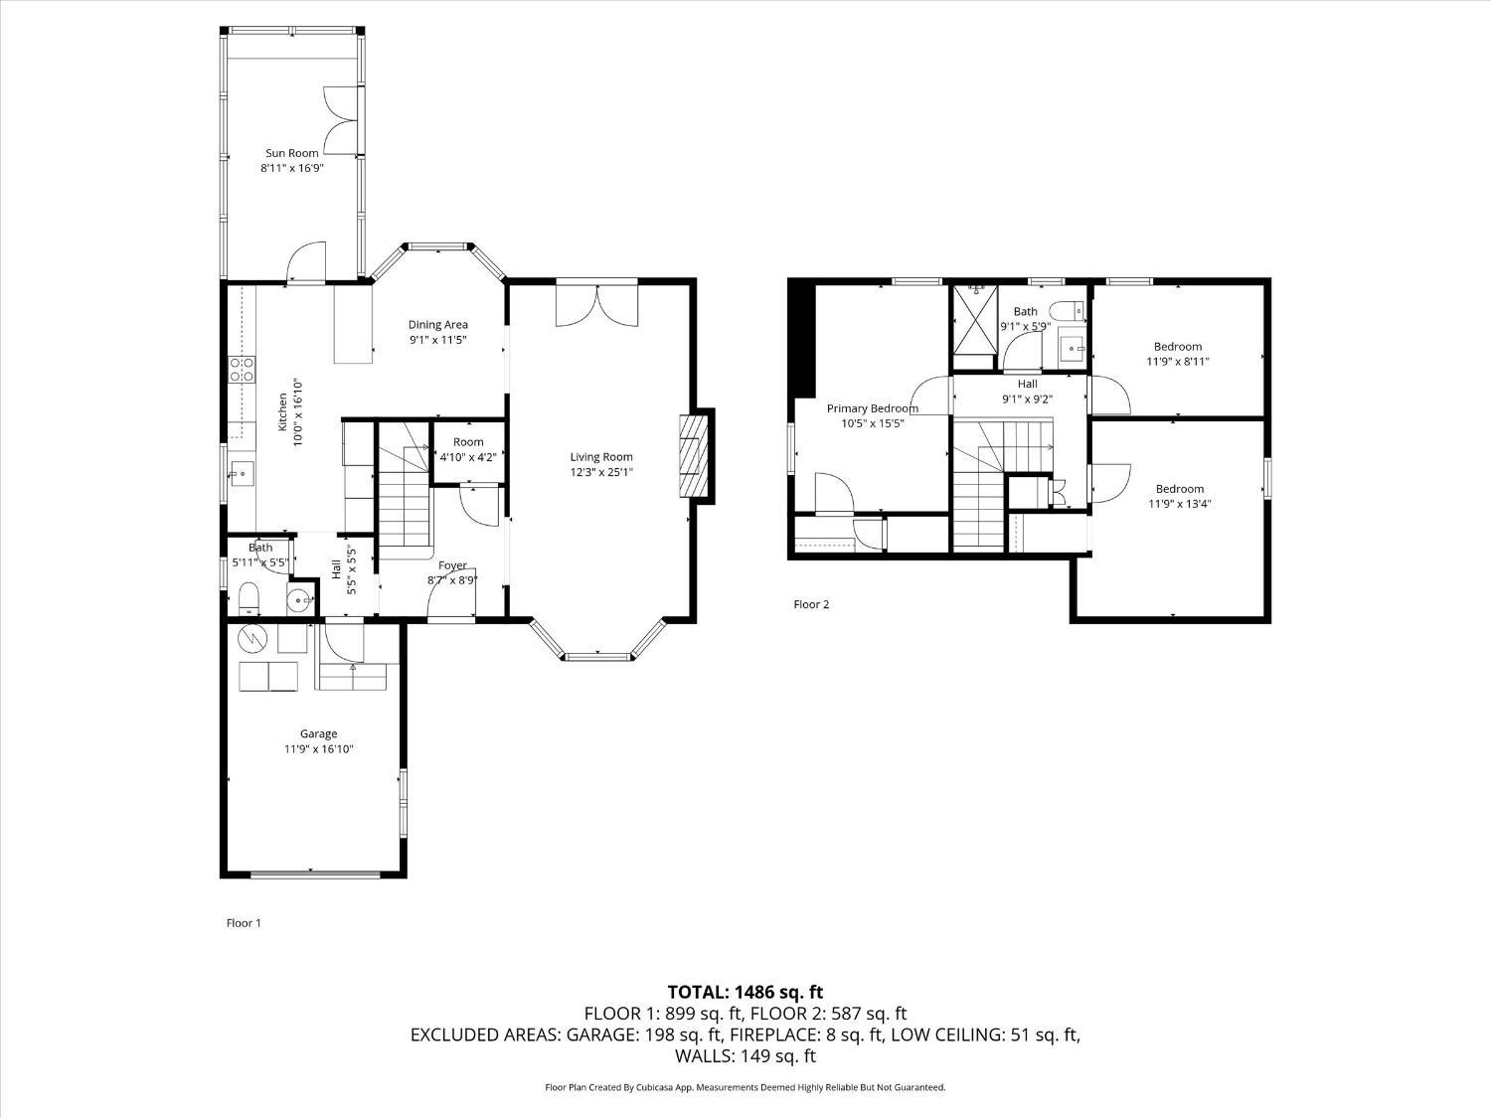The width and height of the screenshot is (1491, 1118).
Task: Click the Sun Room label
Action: pos(291,153)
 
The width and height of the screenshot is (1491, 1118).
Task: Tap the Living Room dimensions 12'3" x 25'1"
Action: pos(601,472)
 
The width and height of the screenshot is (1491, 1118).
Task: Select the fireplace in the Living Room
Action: pos(695,457)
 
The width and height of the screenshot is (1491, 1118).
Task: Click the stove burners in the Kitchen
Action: pos(242,370)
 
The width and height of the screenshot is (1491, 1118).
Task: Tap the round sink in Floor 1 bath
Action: pos(297,599)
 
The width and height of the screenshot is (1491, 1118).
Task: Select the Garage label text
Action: pos(319,733)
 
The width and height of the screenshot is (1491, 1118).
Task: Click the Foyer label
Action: pos(452,565)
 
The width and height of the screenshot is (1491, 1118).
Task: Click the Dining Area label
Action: pos(437,324)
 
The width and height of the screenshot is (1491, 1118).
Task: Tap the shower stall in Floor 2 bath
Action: pos(975,318)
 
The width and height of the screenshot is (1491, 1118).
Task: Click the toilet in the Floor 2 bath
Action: pos(1071,310)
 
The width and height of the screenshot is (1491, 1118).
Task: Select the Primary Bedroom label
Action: pos(872,408)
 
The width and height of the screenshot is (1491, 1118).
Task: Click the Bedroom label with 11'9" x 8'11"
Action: pos(1178,347)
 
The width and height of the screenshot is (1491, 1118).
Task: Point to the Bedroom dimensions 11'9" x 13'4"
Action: pos(1179,503)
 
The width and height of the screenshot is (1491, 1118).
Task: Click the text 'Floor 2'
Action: pos(811,604)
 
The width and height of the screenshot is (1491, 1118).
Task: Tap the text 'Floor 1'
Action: pos(244,923)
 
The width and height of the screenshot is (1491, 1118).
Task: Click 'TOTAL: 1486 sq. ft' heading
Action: pos(745,992)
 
